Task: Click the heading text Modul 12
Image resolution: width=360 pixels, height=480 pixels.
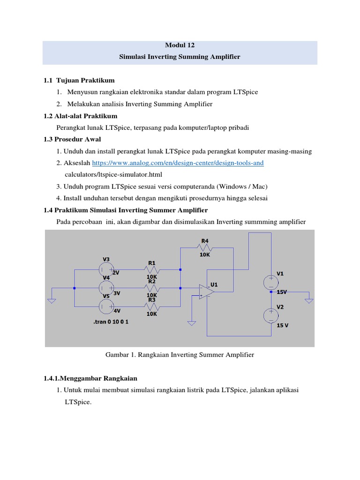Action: pyautogui.click(x=180, y=45)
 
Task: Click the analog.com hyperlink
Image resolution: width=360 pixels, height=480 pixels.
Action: pyautogui.click(x=178, y=163)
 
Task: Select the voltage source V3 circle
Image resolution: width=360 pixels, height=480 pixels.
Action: pyautogui.click(x=106, y=270)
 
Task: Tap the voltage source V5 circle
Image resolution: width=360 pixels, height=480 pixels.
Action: pyautogui.click(x=106, y=307)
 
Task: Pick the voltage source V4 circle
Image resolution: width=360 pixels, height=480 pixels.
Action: pyautogui.click(x=106, y=288)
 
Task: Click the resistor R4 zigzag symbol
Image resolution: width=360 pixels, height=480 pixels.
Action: pyautogui.click(x=205, y=249)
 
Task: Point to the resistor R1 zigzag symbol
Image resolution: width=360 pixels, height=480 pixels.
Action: pyautogui.click(x=152, y=270)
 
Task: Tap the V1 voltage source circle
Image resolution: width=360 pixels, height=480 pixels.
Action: pyautogui.click(x=270, y=282)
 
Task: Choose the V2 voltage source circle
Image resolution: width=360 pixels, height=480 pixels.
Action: pyautogui.click(x=270, y=315)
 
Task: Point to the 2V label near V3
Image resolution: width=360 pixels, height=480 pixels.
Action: pyautogui.click(x=116, y=272)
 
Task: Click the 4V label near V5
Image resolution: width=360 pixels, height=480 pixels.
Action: pyautogui.click(x=116, y=310)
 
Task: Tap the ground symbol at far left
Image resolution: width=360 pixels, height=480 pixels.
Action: pyautogui.click(x=52, y=300)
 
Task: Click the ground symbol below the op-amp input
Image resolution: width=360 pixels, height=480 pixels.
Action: pyautogui.click(x=191, y=322)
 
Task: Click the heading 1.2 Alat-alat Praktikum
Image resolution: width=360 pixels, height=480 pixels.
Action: pyautogui.click(x=80, y=115)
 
